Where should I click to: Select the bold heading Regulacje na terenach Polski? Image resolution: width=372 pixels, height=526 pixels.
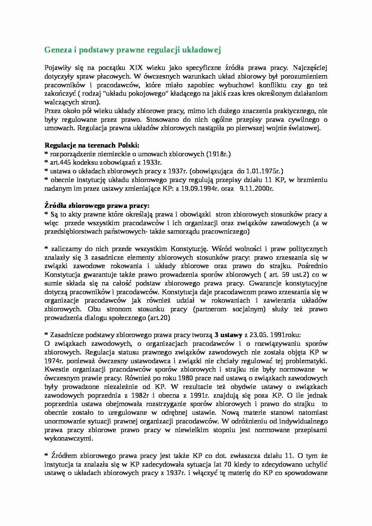point(92,145)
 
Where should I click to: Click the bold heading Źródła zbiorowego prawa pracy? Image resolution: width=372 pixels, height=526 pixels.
point(97,206)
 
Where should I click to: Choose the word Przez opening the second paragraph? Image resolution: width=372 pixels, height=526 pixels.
point(52,111)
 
